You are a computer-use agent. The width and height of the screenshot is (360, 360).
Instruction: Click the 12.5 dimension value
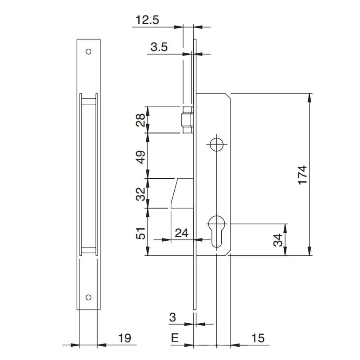click(x=147, y=20)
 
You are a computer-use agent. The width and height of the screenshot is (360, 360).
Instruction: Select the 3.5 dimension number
click(x=159, y=47)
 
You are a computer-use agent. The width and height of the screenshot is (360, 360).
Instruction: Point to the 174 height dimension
click(x=302, y=175)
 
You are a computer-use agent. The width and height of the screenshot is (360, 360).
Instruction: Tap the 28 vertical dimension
click(x=141, y=120)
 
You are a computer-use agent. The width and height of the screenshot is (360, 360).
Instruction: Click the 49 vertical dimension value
click(x=141, y=157)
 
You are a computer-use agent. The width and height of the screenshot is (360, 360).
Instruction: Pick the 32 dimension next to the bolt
click(x=141, y=194)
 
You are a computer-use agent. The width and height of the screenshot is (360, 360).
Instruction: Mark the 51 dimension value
click(x=141, y=233)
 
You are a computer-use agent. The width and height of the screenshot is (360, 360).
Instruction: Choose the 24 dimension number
click(x=181, y=233)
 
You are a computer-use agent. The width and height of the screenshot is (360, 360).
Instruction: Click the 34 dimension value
click(x=278, y=240)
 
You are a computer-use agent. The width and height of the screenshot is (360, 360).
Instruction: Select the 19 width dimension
click(x=125, y=338)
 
